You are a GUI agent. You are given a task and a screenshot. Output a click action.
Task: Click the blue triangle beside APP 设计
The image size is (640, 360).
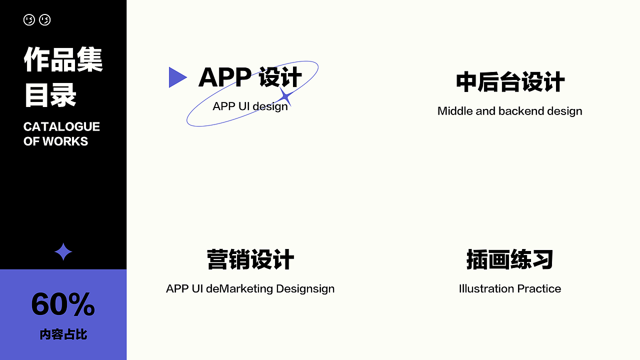176,77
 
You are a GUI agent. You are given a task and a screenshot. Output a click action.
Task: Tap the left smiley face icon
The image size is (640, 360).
29,20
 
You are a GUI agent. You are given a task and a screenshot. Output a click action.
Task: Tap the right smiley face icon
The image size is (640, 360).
45,20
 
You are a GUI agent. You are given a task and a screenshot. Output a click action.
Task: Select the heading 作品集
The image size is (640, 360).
63,60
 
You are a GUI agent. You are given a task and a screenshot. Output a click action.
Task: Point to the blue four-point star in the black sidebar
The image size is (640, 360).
63,252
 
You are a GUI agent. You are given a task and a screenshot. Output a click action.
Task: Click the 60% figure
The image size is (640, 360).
63,304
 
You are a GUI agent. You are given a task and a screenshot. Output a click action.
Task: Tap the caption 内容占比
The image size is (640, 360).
63,334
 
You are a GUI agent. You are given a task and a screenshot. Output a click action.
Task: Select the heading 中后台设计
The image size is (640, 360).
510,82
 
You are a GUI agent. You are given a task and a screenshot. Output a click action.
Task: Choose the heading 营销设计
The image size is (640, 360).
250,260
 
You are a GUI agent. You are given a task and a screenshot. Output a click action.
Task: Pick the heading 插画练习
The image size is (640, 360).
510,260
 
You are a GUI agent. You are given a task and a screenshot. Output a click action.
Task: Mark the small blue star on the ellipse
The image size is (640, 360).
285,96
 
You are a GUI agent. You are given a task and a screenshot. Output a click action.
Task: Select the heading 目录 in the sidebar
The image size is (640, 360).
50,95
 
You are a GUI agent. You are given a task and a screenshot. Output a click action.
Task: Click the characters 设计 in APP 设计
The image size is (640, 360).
280,77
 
